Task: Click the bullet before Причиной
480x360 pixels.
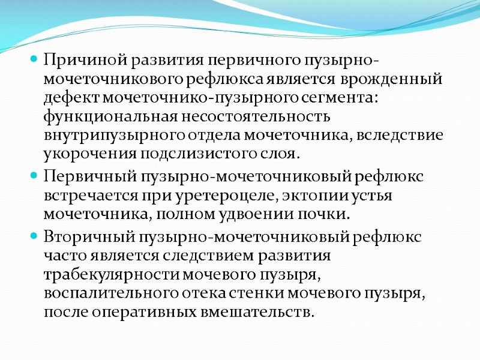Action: pos(35,61)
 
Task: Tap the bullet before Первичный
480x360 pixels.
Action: pos(35,177)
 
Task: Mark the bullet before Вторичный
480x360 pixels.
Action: pos(35,237)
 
